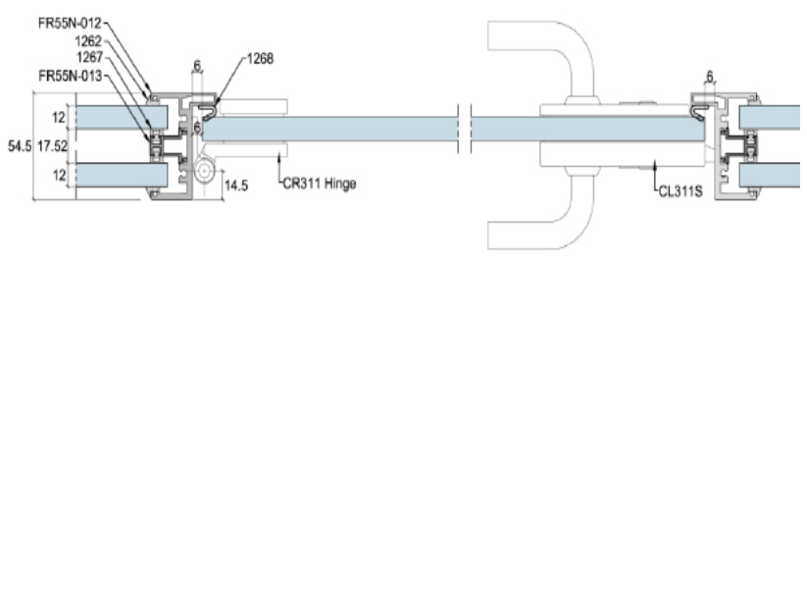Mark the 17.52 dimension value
pos(51,145)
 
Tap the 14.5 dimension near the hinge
pos(235,184)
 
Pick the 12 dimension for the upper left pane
pos(60,117)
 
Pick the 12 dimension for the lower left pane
pos(60,174)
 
